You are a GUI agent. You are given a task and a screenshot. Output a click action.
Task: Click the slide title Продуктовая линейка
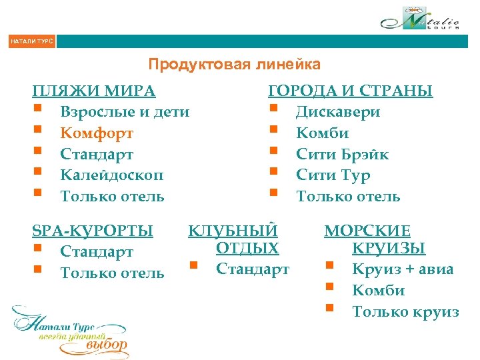point(234,65)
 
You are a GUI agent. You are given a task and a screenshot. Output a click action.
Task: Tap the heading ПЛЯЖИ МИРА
point(94,91)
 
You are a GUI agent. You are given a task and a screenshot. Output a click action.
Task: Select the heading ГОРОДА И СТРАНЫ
point(350,91)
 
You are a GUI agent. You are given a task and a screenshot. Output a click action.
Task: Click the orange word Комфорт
point(97,133)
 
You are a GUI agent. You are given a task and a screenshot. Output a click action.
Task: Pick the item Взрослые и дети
point(125,112)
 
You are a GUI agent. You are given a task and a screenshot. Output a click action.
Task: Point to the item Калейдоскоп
point(111,175)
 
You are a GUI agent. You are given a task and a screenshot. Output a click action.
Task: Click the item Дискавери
point(338,112)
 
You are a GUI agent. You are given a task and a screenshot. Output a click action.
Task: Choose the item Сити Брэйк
point(342,154)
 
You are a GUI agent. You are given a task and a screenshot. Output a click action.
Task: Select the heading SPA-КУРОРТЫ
point(93,231)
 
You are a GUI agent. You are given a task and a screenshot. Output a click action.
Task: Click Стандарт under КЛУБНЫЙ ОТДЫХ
point(253,269)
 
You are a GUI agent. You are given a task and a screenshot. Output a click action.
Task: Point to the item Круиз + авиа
point(403,269)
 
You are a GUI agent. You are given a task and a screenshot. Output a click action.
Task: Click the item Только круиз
point(405,311)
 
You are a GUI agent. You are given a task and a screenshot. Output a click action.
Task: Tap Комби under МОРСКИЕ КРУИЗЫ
point(378,290)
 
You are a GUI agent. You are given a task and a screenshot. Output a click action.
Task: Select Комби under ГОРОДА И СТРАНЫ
point(322,133)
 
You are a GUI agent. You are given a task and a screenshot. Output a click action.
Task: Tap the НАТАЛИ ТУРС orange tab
point(31,41)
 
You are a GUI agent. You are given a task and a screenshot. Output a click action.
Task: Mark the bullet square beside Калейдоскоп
point(38,173)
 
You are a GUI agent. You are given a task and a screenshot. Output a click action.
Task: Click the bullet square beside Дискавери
point(273,109)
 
